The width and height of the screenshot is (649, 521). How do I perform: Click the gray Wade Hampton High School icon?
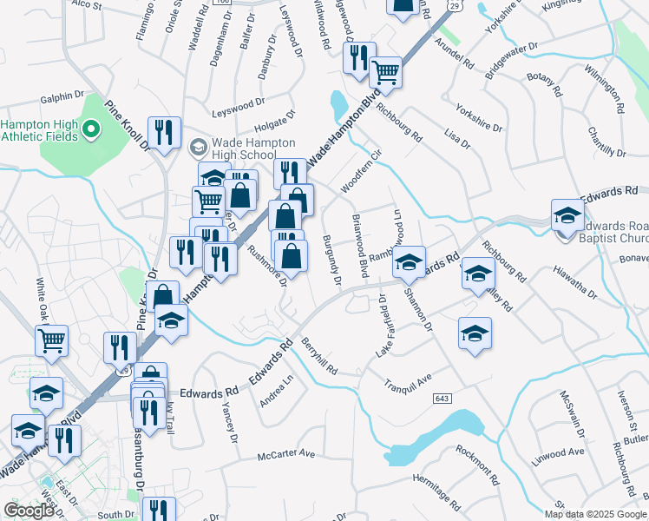[197, 148]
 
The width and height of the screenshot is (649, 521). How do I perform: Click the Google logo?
[29, 511]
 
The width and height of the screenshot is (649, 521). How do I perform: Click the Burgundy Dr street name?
[331, 260]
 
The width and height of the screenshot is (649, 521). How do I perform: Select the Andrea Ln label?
[277, 392]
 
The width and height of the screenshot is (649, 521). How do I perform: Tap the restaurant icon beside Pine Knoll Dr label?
[163, 133]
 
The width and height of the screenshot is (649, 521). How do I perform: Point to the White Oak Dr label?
[40, 296]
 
